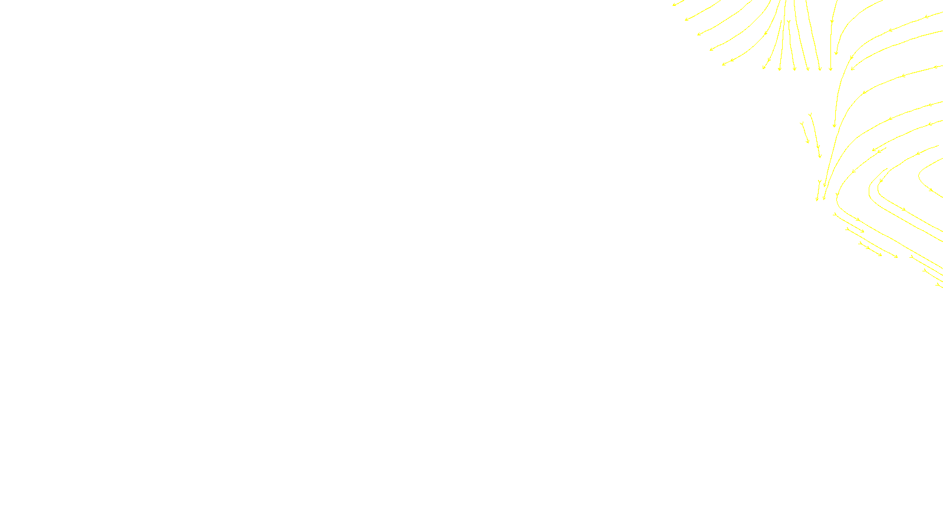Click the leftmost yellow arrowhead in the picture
[x=674, y=5]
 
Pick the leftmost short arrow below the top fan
[x=804, y=132]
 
